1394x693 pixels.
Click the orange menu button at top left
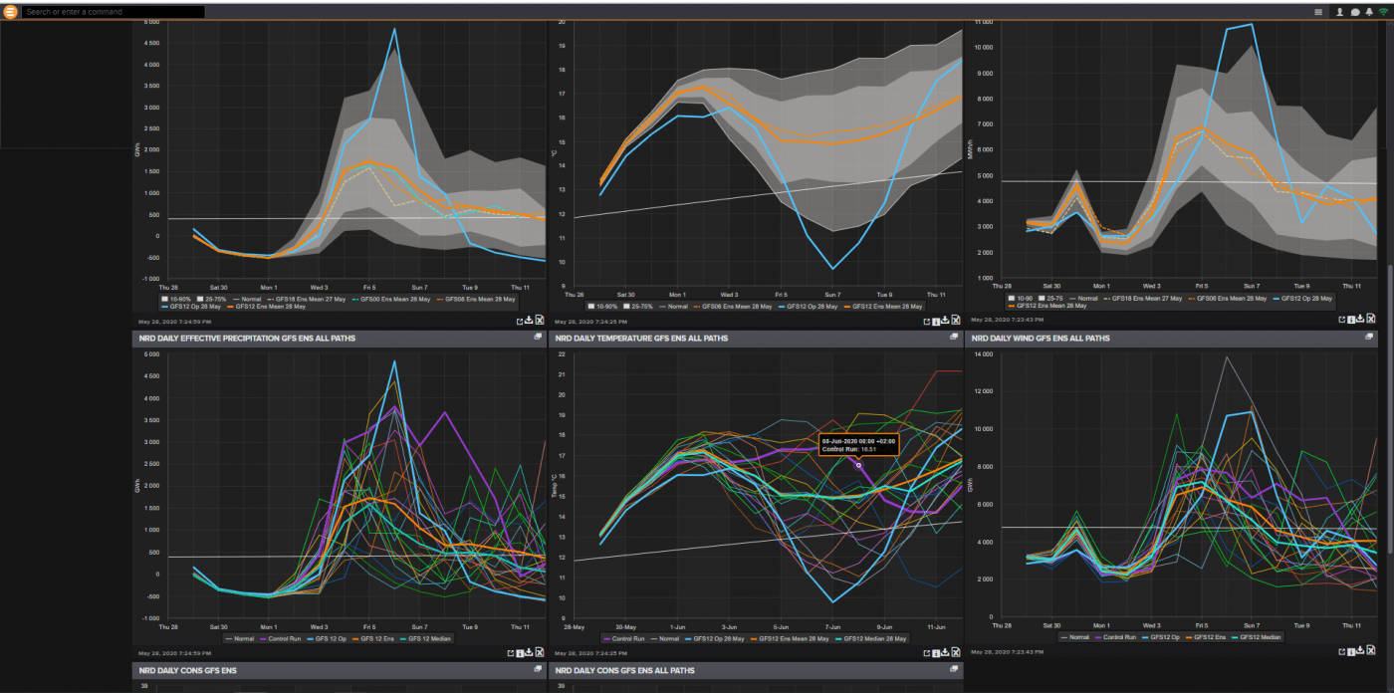click(11, 12)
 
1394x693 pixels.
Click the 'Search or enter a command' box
click(113, 12)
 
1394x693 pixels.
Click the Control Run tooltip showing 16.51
click(858, 445)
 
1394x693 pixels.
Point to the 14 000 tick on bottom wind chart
click(984, 354)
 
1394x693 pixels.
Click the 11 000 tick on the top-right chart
click(984, 21)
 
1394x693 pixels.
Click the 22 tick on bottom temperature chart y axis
click(564, 354)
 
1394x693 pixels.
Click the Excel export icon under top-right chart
click(1370, 319)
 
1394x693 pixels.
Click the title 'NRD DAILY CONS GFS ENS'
click(188, 671)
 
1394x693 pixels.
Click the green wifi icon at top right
click(1383, 12)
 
